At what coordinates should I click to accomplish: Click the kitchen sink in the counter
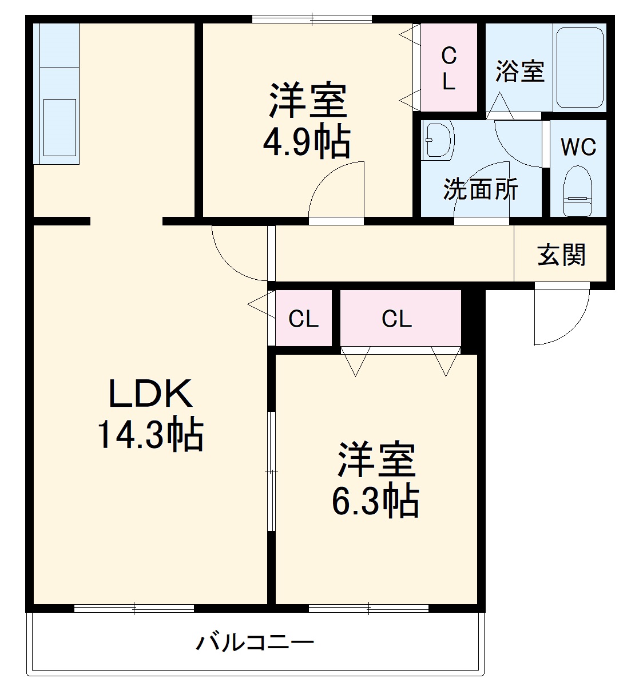click(59, 127)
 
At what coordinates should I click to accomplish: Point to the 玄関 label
click(561, 255)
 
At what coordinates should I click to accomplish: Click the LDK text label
click(150, 394)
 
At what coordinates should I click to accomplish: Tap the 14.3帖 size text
click(150, 436)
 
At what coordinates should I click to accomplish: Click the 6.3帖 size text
click(375, 502)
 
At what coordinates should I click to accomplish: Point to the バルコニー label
click(255, 643)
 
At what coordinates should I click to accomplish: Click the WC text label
click(578, 147)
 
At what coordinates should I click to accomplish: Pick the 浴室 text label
click(519, 72)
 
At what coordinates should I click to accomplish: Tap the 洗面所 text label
click(481, 189)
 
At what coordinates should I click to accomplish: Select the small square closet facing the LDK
click(303, 319)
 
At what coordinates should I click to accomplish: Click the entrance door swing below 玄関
click(558, 315)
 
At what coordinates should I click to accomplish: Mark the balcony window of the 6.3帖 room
click(368, 608)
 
